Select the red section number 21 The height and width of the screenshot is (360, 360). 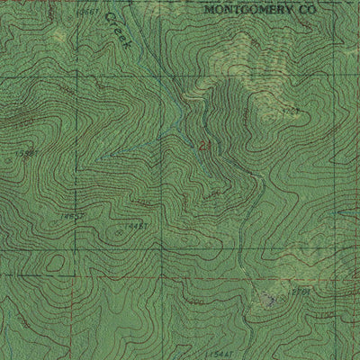click(203, 144)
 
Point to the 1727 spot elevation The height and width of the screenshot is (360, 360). click(290, 111)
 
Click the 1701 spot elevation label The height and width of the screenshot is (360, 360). click(301, 292)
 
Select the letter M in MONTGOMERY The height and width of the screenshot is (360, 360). click(210, 9)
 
